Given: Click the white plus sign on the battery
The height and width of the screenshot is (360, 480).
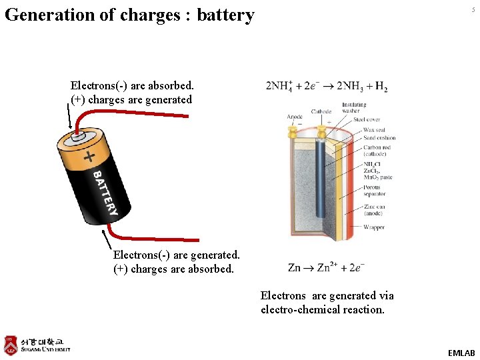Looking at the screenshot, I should coord(89,157).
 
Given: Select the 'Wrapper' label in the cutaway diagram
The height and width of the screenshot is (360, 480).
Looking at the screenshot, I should coord(373,227).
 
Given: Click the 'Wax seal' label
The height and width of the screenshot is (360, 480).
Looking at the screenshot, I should coord(374,129).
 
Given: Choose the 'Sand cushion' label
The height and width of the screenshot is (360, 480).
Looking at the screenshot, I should coord(379,138).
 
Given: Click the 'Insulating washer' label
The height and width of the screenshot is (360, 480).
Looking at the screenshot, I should coord(353,107).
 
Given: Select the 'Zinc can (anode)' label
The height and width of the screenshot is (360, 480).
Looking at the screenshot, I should coord(375,211).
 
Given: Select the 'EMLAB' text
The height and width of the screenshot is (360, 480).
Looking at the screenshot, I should coord(461,353).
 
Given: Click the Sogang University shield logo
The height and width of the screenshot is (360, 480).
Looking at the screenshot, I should coord(10,345).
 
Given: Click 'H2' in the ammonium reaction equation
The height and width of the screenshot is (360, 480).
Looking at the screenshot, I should coord(381,87).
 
